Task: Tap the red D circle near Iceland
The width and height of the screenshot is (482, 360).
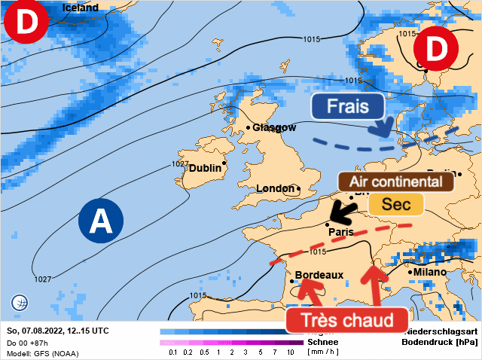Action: (x=26, y=24)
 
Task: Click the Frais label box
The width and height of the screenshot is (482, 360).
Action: (x=348, y=106)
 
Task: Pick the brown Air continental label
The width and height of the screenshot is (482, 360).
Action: (x=395, y=182)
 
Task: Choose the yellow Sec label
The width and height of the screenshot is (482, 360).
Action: (x=395, y=204)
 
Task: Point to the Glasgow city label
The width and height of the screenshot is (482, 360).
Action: (x=274, y=127)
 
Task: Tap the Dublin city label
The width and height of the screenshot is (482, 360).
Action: (x=205, y=168)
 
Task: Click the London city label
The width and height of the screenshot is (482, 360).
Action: (x=276, y=188)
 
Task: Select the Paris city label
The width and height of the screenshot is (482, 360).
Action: (x=341, y=232)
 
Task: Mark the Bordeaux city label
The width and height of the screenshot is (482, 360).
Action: (x=319, y=275)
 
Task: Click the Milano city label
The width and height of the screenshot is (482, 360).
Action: (x=429, y=272)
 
